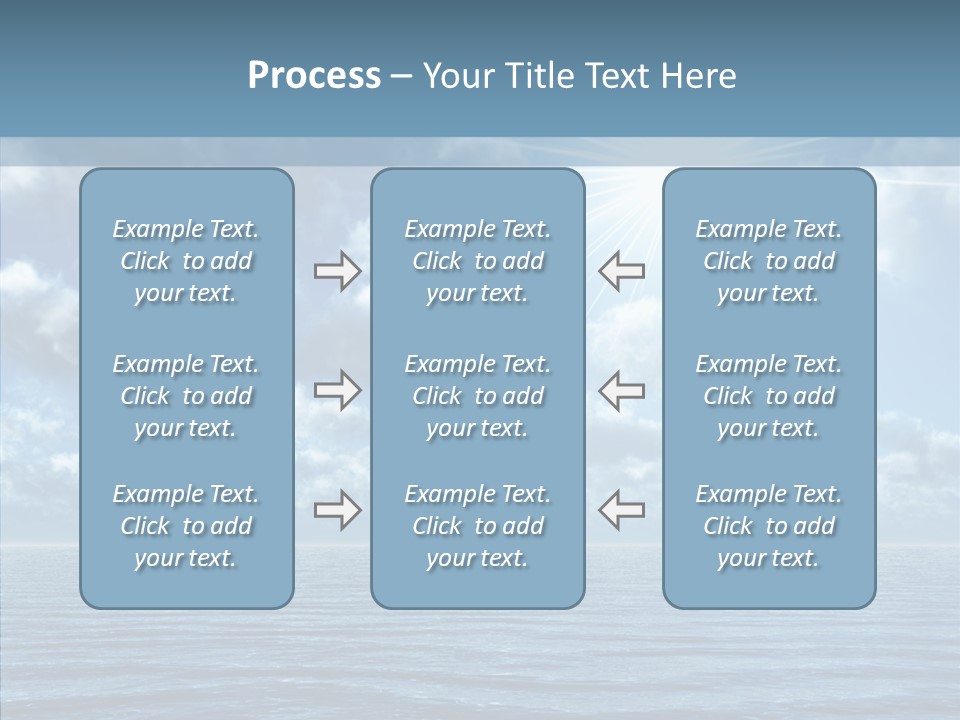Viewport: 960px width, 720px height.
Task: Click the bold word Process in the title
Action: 314,76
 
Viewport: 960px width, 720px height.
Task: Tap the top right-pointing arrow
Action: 337,271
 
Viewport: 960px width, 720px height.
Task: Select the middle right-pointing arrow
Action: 337,390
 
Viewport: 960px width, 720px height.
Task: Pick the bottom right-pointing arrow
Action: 337,510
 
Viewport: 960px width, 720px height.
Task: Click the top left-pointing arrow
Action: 622,271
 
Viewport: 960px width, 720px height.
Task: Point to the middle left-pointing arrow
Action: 622,390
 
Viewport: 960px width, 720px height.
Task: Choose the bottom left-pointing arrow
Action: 622,510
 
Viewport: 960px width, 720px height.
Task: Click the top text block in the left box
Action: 186,261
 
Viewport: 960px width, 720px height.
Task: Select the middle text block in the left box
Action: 186,396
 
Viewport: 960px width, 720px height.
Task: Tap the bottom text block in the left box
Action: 186,526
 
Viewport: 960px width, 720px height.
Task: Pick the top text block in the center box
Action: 477,261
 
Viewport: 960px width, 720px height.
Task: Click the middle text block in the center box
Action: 477,396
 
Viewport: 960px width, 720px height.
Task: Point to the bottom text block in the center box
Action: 477,526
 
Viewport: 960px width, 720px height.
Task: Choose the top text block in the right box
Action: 768,261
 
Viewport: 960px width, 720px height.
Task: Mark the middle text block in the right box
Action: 768,396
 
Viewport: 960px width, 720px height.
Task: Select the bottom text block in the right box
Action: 768,526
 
